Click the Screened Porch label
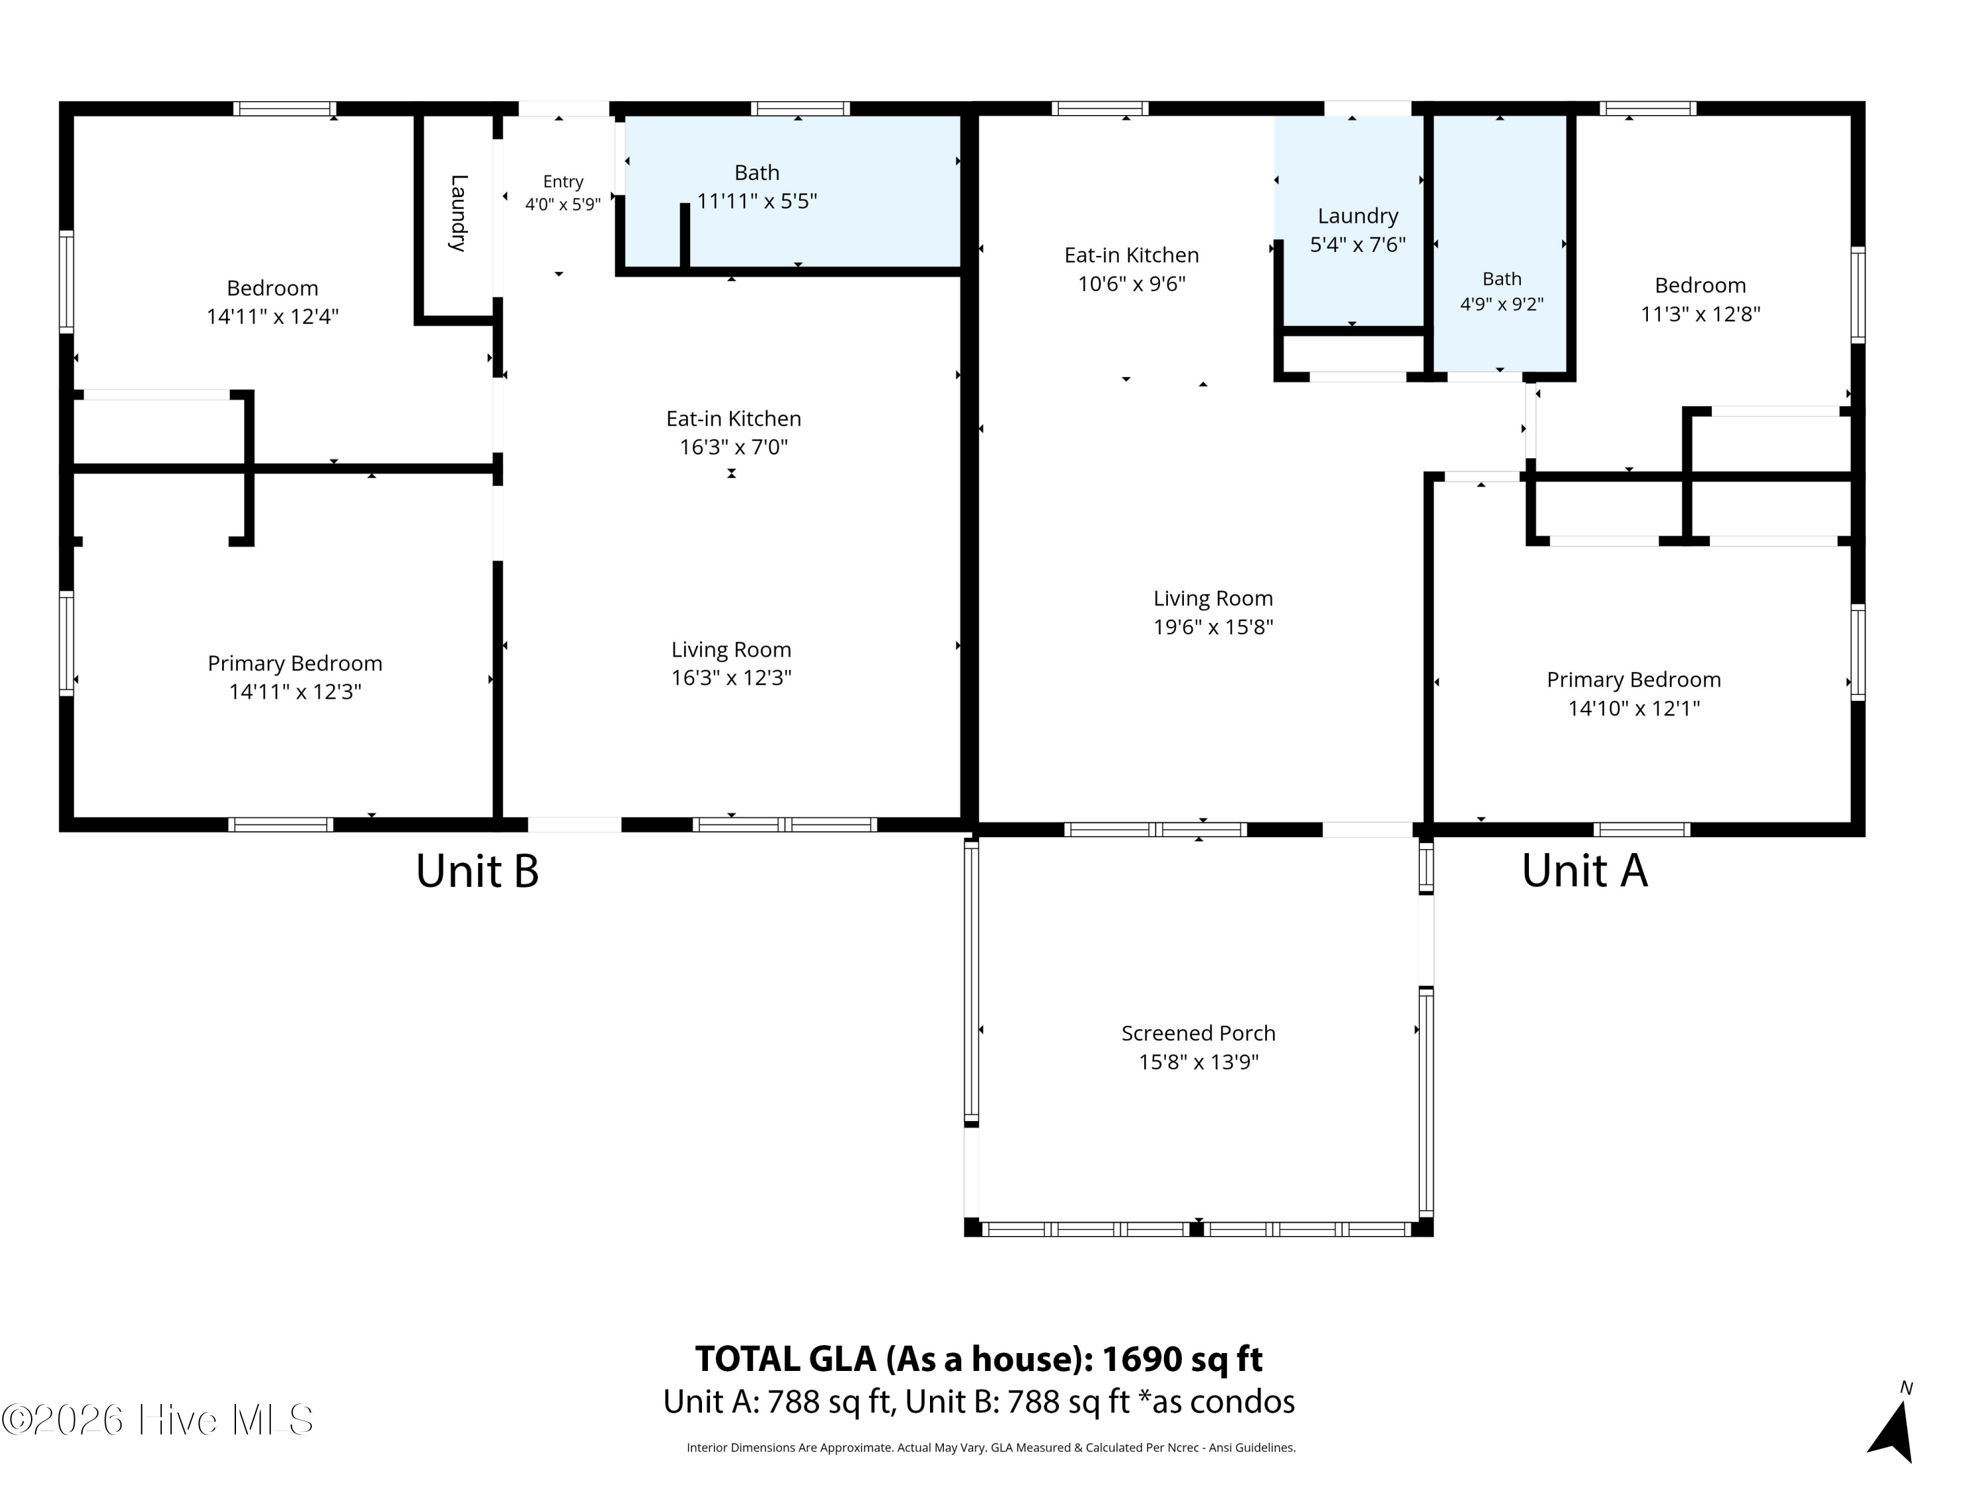1198,1033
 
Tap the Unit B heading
477,870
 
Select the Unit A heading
1584,870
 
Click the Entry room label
563,182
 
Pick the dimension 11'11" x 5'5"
757,201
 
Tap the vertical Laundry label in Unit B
458,214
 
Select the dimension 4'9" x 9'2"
1502,304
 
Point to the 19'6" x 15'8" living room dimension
1213,627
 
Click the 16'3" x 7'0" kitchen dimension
733,446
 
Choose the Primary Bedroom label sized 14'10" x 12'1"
1633,680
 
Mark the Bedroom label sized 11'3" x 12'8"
1699,285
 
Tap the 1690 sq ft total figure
1182,1359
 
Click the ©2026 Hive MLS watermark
158,1420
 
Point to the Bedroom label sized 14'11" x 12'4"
272,288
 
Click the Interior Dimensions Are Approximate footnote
991,1448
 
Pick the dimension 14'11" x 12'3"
295,692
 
